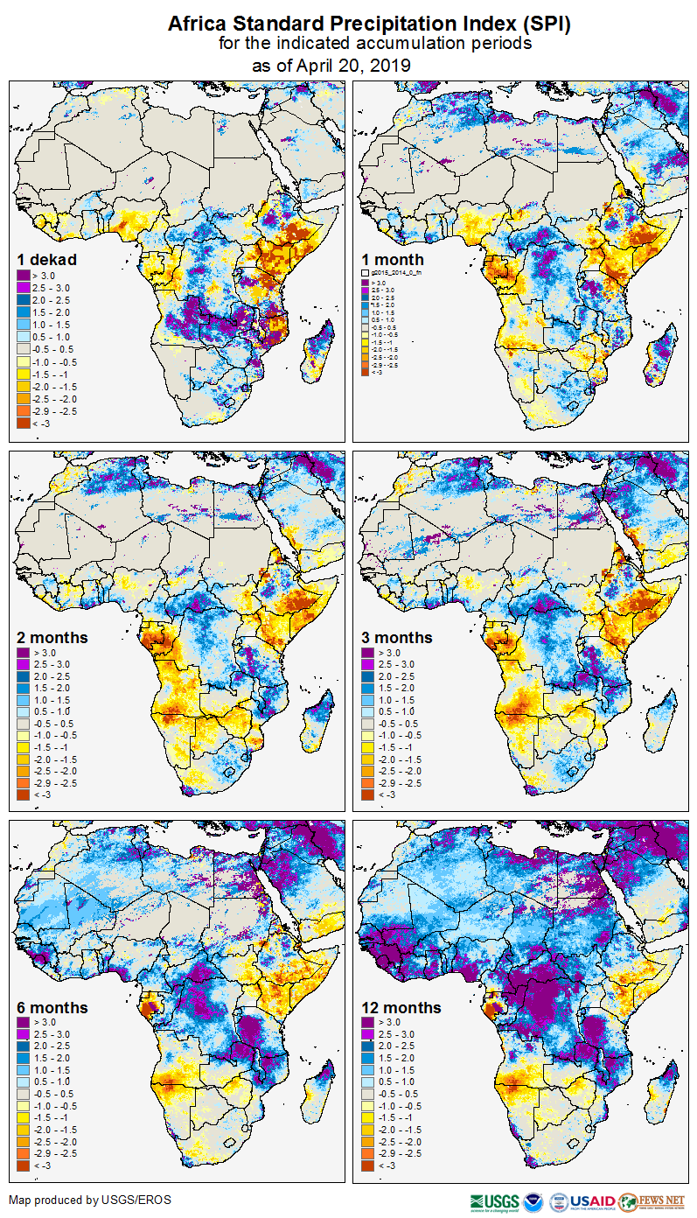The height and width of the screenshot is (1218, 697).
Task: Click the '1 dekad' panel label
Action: (47, 260)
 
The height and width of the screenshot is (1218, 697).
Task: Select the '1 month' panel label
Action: (393, 260)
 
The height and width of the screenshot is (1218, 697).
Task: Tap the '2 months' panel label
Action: (52, 638)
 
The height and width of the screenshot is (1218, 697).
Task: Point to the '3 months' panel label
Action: (397, 638)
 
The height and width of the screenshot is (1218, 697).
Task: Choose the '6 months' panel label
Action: (52, 1008)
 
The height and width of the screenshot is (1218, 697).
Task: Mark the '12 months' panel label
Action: (401, 1008)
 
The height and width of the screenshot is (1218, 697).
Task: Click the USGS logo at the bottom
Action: (495, 1201)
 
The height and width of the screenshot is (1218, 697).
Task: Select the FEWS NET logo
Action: (652, 1201)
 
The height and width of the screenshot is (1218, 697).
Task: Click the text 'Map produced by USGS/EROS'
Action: (90, 1200)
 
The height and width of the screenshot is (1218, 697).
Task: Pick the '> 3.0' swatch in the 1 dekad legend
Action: (24, 276)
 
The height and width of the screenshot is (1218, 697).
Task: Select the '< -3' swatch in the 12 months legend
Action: (368, 1165)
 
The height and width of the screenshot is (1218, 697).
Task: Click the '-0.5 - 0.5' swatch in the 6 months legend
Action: (24, 1095)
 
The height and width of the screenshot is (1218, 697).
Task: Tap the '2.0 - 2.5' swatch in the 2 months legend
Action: (24, 677)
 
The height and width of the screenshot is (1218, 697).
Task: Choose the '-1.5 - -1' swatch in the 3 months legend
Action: (368, 747)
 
